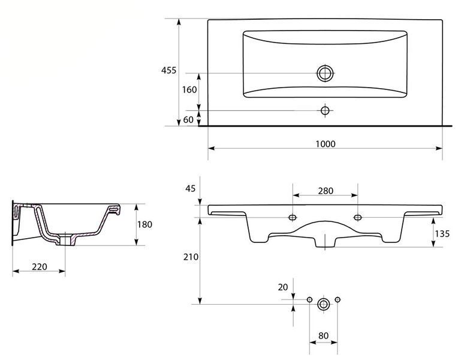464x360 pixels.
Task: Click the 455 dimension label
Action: pyautogui.click(x=168, y=70)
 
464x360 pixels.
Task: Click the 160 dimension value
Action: pyautogui.click(x=189, y=89)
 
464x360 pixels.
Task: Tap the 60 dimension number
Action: pyautogui.click(x=188, y=119)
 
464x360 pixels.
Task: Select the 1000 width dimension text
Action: pyautogui.click(x=326, y=144)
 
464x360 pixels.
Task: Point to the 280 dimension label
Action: pyautogui.click(x=326, y=191)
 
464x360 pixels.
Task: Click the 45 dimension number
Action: pyautogui.click(x=191, y=188)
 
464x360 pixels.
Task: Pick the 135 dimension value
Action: pyautogui.click(x=442, y=234)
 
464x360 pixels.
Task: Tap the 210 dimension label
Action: pyautogui.click(x=191, y=257)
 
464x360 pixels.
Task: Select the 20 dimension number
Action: pyautogui.click(x=283, y=287)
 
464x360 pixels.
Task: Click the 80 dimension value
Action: pyautogui.click(x=324, y=336)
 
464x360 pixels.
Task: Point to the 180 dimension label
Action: pyautogui.click(x=144, y=224)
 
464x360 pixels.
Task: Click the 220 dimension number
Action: pyautogui.click(x=40, y=267)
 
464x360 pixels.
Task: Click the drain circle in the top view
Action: pyautogui.click(x=325, y=73)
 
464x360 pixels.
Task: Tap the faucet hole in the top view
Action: pyautogui.click(x=325, y=111)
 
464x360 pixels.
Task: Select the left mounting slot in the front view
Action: pyautogui.click(x=293, y=218)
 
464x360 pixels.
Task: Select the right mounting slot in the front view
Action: pyautogui.click(x=358, y=218)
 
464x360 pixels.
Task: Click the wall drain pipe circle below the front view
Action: pyautogui.click(x=324, y=304)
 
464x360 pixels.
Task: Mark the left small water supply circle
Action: pyautogui.click(x=309, y=299)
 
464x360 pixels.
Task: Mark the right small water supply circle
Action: pyautogui.click(x=338, y=299)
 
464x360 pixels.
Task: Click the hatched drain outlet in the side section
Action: pyautogui.click(x=66, y=239)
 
